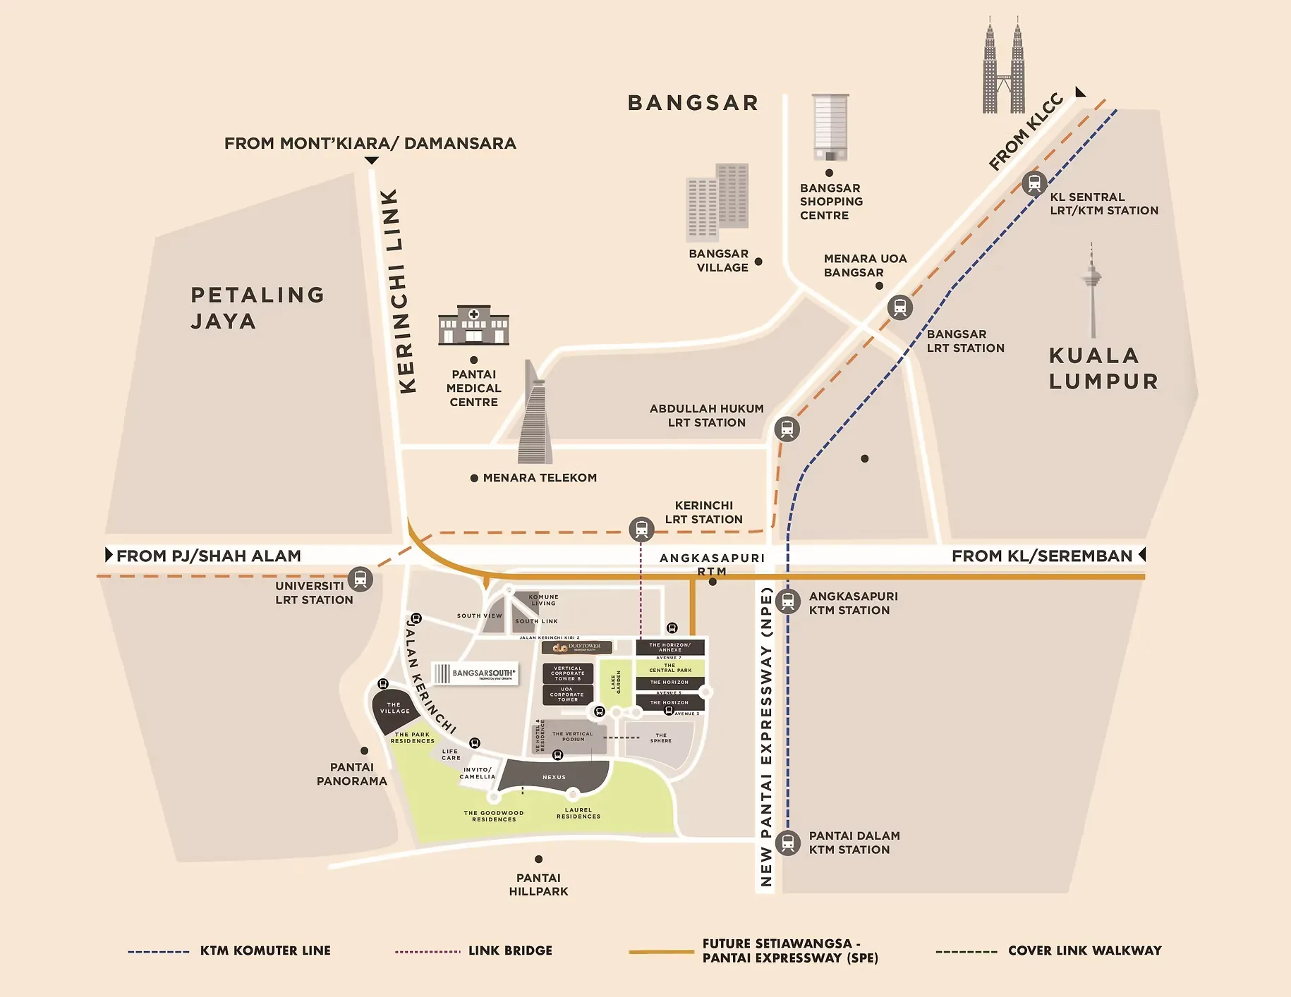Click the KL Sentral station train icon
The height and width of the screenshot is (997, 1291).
(1034, 184)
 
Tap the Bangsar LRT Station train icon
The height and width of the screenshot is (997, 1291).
(899, 307)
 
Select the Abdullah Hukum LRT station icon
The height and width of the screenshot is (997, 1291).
(787, 429)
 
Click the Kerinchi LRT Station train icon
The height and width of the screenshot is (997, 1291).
(641, 529)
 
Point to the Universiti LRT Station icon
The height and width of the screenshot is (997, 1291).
(360, 579)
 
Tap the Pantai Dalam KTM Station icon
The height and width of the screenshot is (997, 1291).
(788, 843)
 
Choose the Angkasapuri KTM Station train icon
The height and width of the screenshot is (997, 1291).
(788, 601)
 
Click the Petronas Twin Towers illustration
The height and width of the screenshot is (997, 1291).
(1003, 67)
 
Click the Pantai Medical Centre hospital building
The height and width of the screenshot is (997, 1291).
(473, 325)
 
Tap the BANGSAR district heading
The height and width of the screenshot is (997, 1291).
(693, 103)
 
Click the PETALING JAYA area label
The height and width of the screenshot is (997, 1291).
(256, 307)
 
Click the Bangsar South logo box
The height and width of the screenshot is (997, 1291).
(474, 673)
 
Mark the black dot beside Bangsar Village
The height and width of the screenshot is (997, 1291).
(758, 262)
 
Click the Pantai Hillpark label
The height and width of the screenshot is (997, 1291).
(538, 884)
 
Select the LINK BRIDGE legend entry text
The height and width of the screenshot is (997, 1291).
(510, 950)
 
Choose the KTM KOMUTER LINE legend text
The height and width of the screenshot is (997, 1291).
(265, 950)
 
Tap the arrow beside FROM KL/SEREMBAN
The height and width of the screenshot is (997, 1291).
(1142, 555)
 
